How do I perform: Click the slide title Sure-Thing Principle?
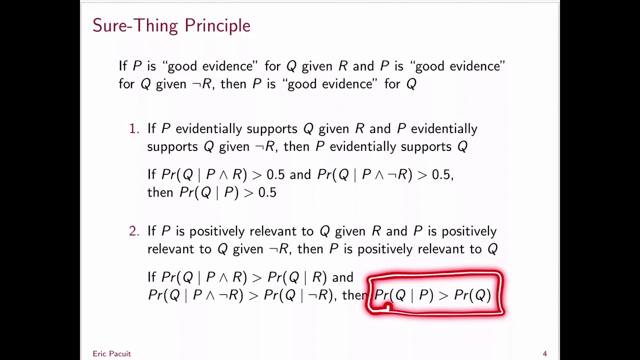(171, 25)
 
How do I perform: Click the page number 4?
(544, 353)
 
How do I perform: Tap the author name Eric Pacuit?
(111, 353)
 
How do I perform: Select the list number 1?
(133, 129)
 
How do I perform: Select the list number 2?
(133, 231)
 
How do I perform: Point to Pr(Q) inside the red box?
(472, 295)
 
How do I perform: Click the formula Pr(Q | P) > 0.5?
(227, 192)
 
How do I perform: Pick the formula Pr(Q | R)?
(297, 277)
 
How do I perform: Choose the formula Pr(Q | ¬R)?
(298, 295)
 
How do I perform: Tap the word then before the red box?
(354, 295)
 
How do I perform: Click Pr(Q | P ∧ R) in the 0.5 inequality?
(204, 174)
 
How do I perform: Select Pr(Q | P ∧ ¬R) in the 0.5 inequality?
(364, 174)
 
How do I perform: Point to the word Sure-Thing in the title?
(136, 25)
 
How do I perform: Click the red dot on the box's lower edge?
(388, 307)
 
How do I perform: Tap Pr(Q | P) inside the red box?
(404, 295)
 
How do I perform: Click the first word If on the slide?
(123, 66)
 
